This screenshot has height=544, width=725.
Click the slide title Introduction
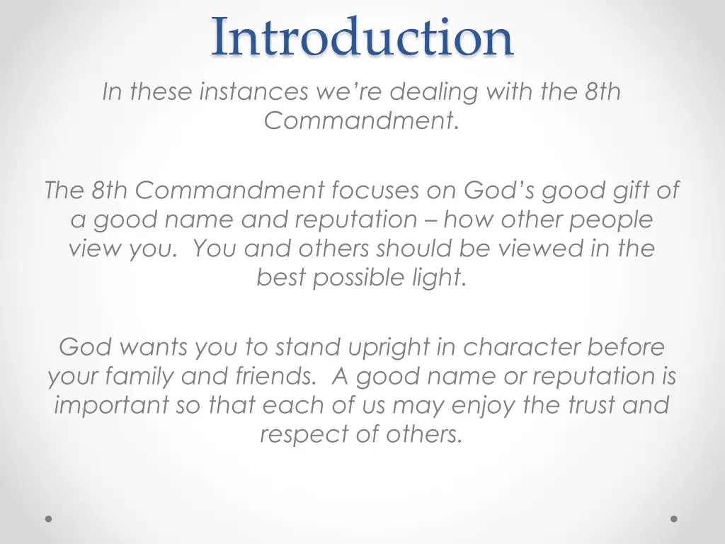pyautogui.click(x=362, y=37)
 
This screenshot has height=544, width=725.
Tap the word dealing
pyautogui.click(x=436, y=91)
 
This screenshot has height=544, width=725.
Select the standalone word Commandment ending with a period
pyautogui.click(x=362, y=121)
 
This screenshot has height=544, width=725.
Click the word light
pyautogui.click(x=440, y=278)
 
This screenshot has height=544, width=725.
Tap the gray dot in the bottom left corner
pyautogui.click(x=49, y=518)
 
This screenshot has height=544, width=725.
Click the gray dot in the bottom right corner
pyautogui.click(x=674, y=518)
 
